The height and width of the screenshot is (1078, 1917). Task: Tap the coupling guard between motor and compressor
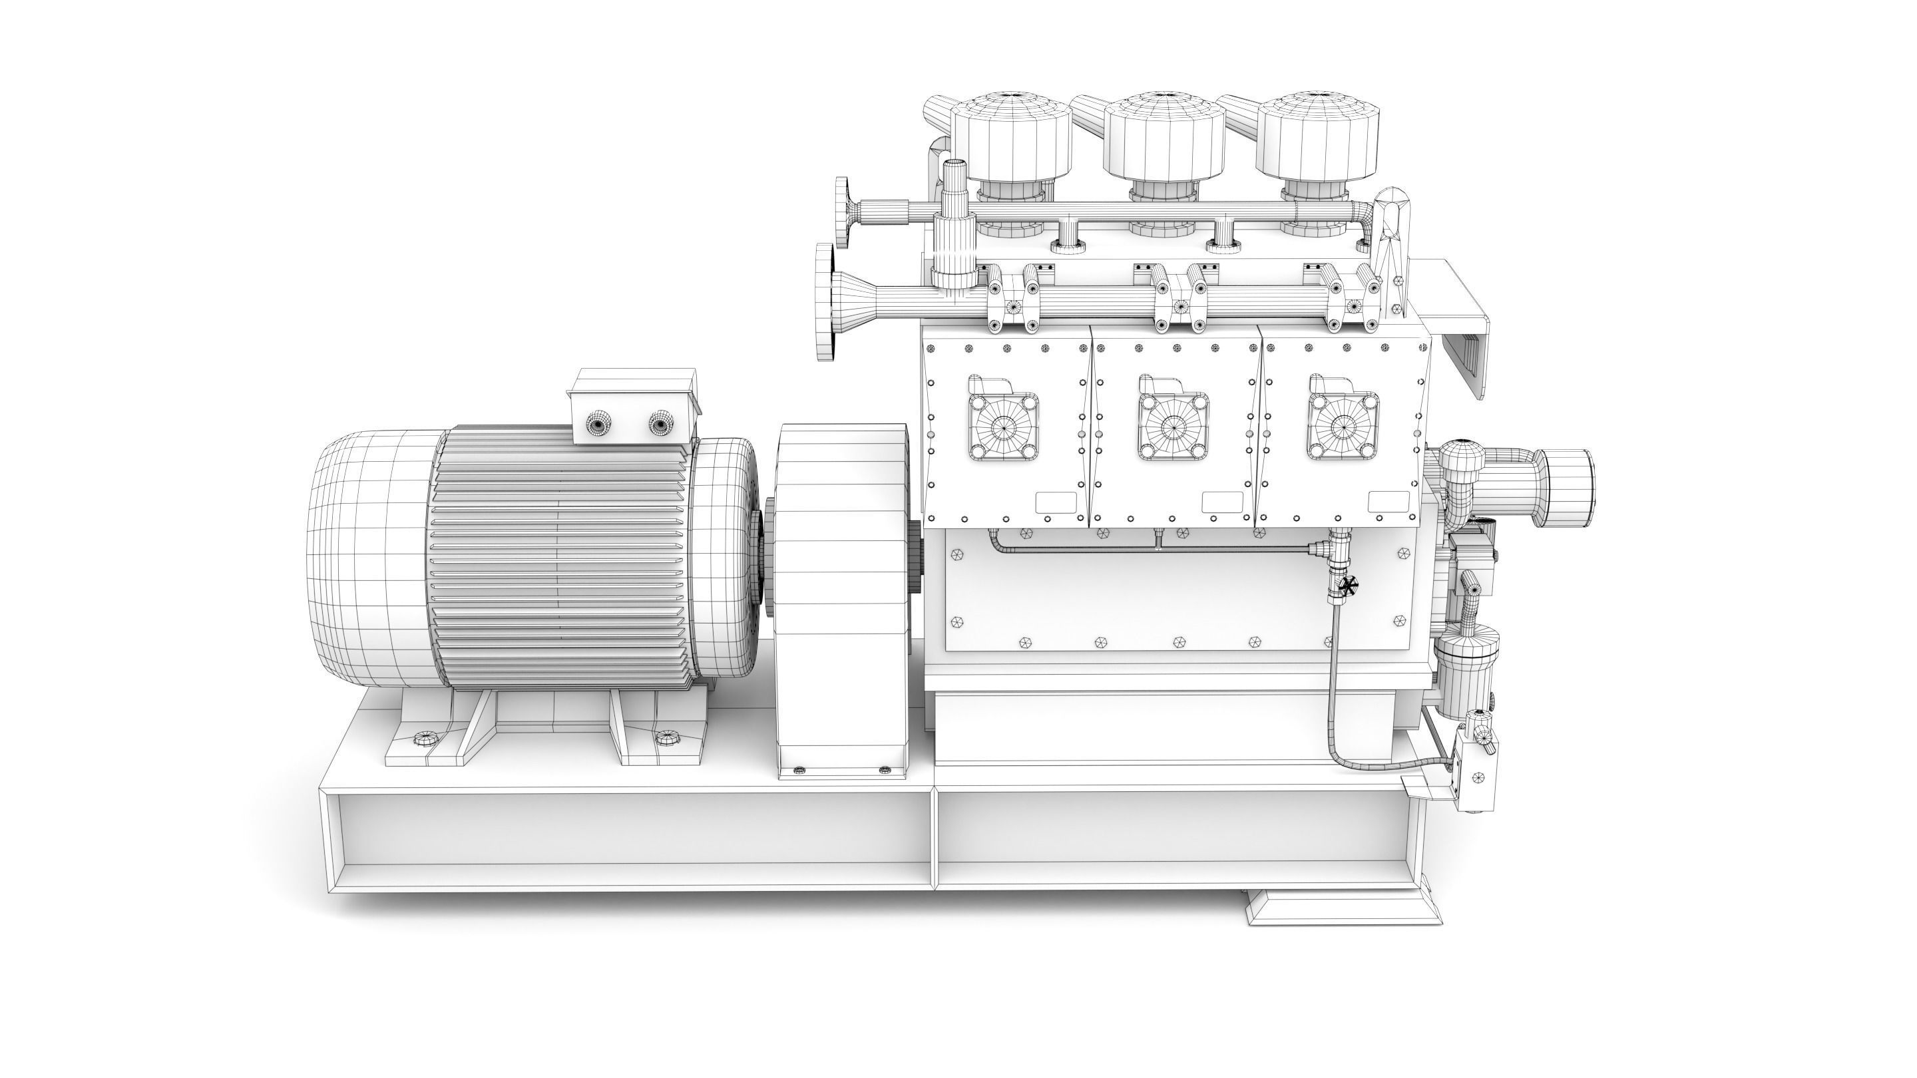tap(843, 595)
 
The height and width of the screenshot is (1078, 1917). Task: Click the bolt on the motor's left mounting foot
tap(424, 738)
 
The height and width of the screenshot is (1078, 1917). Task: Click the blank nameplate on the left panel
tap(1056, 502)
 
